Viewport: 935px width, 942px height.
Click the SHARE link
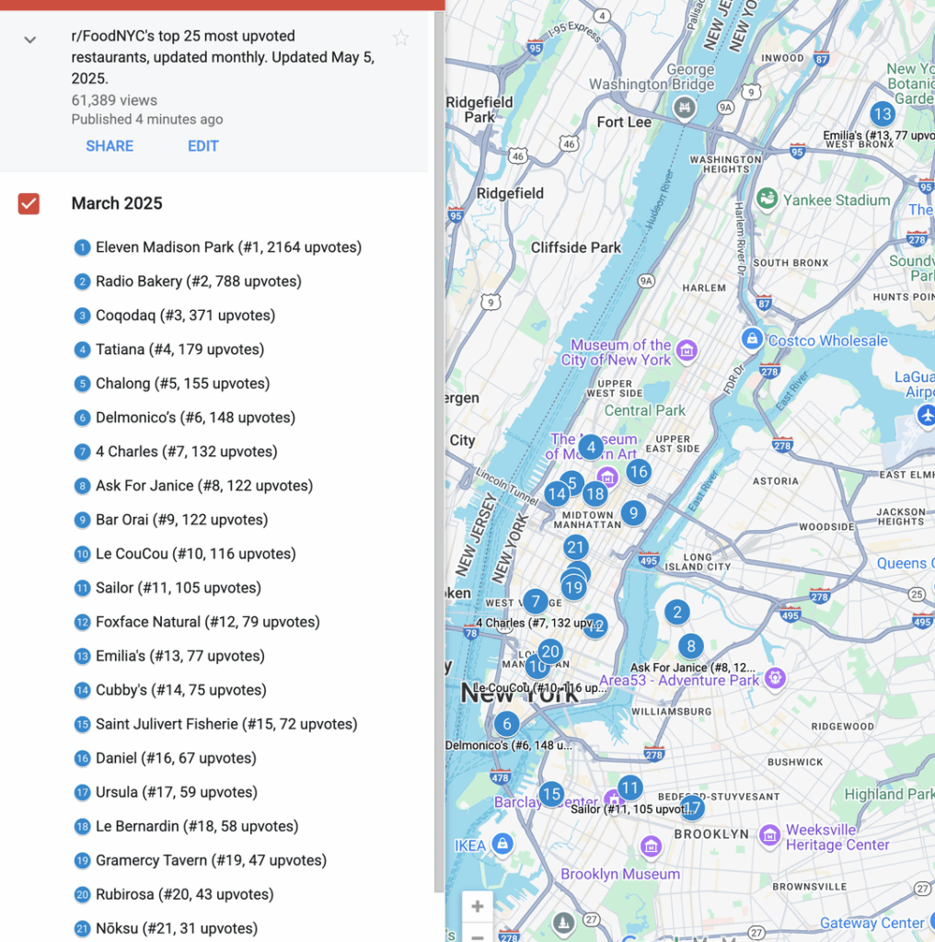click(x=110, y=146)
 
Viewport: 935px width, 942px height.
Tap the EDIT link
click(x=203, y=146)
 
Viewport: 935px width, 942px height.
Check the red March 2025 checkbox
click(x=29, y=203)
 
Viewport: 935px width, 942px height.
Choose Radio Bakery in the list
click(x=198, y=281)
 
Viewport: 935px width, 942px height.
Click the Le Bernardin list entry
click(x=197, y=826)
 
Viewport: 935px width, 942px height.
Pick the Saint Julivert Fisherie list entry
click(x=226, y=724)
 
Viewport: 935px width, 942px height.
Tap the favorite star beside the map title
click(x=400, y=38)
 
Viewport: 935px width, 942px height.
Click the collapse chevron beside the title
click(x=30, y=40)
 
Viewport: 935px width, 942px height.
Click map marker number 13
click(x=883, y=114)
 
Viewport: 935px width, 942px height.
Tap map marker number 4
click(x=591, y=448)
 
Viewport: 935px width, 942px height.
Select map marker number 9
click(x=632, y=513)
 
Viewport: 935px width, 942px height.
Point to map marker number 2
click(x=677, y=612)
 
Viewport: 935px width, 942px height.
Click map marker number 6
click(x=505, y=723)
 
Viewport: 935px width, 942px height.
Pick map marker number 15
click(x=551, y=794)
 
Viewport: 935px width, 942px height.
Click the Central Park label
click(x=645, y=410)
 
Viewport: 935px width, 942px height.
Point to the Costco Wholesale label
click(x=827, y=340)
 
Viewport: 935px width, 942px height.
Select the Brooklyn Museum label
click(x=620, y=874)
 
